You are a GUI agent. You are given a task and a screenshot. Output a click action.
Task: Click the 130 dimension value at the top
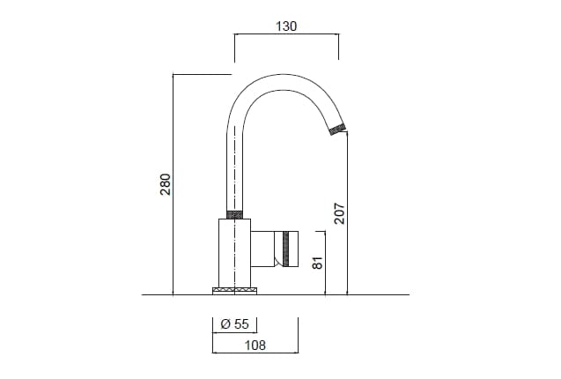tap(286, 26)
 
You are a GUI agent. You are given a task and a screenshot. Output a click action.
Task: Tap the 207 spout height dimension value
tap(339, 212)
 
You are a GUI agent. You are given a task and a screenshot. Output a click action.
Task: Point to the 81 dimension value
tap(319, 262)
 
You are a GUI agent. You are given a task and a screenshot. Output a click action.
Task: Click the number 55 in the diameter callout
tap(240, 323)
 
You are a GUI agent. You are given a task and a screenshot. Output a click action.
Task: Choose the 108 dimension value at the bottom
tap(255, 346)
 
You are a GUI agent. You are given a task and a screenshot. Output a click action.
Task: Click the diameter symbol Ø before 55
tap(225, 323)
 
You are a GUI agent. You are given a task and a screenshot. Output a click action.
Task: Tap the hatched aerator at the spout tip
tap(336, 130)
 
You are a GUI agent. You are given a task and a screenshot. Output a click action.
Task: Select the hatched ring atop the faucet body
tap(235, 214)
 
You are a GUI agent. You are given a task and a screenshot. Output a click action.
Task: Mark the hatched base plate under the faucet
tap(235, 290)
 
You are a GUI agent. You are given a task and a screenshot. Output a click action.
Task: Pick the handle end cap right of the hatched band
tap(293, 249)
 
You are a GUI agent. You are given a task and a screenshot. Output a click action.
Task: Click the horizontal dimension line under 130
tap(286, 35)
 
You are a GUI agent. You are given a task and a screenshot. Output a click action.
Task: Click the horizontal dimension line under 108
tap(255, 354)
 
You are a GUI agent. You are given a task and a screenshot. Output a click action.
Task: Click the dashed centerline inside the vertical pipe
tap(235, 167)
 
